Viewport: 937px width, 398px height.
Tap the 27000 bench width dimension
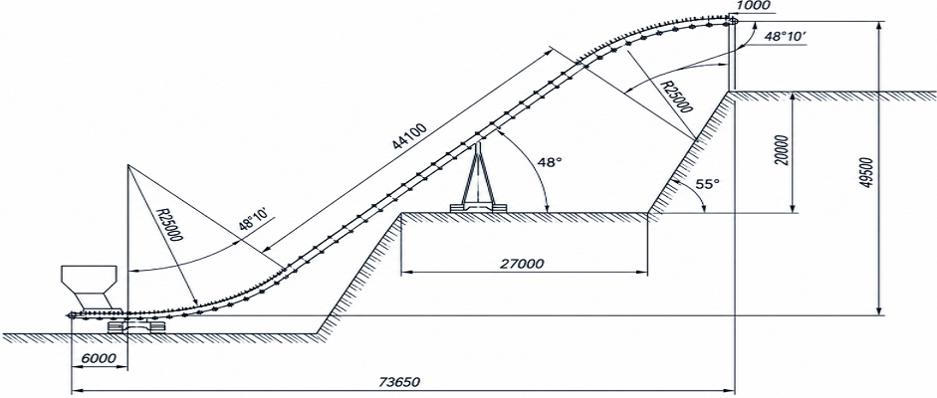pos(524,263)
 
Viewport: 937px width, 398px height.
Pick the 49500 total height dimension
pos(869,174)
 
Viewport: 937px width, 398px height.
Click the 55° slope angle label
pos(706,184)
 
